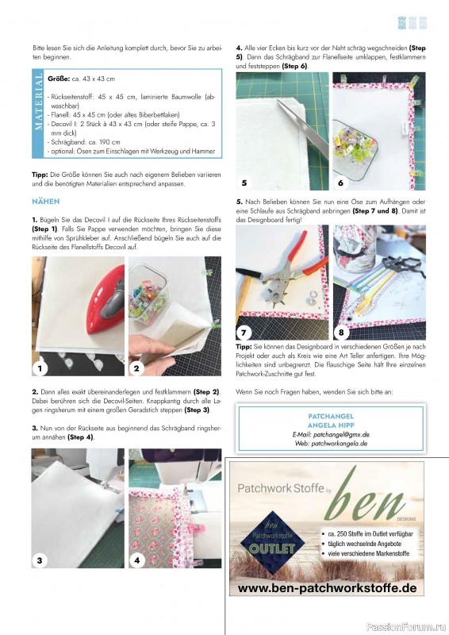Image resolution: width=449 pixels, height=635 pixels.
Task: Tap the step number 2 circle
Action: tap(136, 368)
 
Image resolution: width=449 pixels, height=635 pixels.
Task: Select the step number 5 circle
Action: tap(244, 182)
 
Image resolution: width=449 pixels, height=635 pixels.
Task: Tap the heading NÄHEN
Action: tap(46, 202)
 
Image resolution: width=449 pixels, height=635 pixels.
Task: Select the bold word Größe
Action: tap(59, 79)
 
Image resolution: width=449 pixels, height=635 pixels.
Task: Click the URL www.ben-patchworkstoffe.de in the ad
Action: tap(327, 588)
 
